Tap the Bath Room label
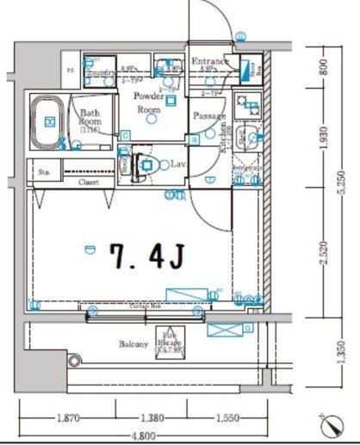91,118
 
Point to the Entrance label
209,61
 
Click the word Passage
209,116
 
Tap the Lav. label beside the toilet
179,163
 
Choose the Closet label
89,182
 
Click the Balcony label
134,343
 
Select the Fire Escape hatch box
170,342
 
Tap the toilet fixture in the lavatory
146,164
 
